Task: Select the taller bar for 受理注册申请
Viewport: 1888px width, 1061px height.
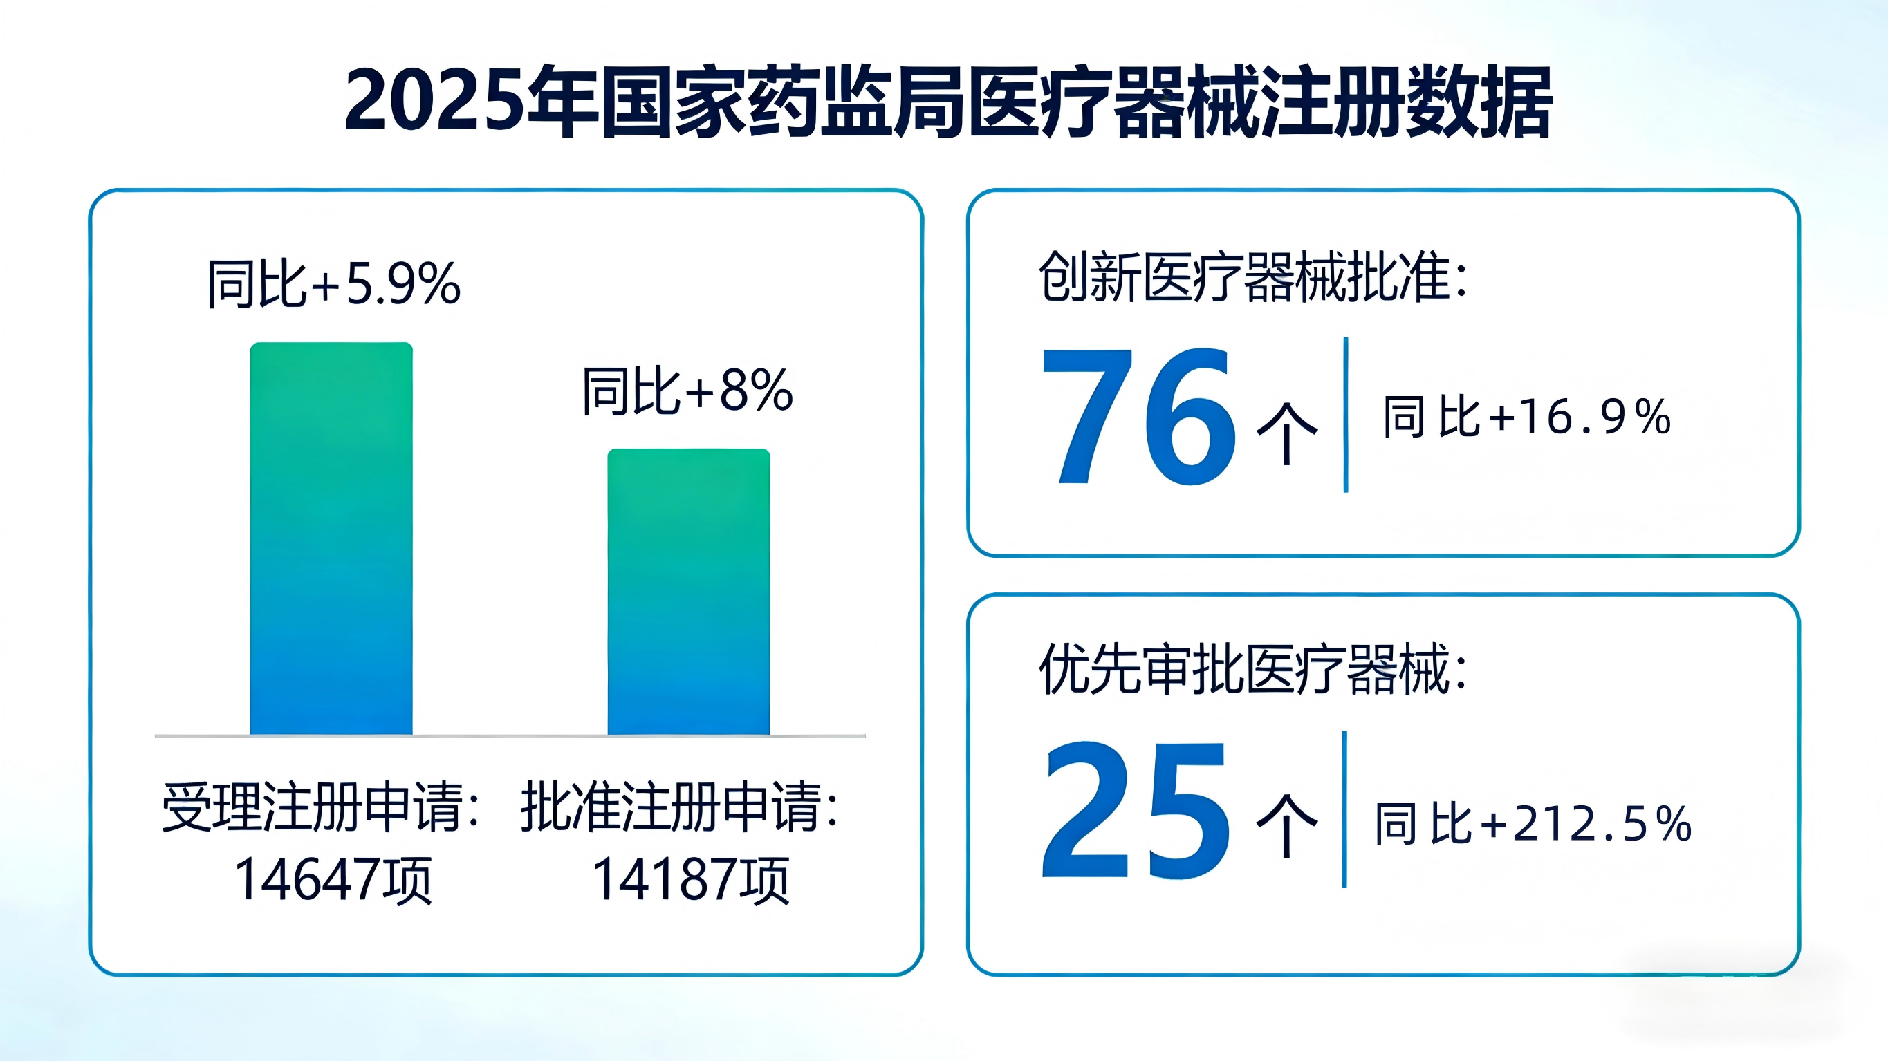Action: [x=331, y=538]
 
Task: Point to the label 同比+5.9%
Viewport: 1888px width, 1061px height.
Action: [x=333, y=283]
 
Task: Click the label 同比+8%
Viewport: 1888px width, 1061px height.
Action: [x=687, y=391]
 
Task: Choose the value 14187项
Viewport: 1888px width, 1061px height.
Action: [x=690, y=879]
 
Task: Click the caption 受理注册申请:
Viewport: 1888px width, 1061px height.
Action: [x=320, y=807]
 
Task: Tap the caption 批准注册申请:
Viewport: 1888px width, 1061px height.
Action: [x=679, y=807]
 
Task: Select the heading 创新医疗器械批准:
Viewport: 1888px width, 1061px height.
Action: [x=1253, y=277]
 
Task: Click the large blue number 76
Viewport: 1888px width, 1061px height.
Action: [x=1138, y=416]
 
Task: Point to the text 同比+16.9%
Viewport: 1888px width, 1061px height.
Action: [x=1527, y=416]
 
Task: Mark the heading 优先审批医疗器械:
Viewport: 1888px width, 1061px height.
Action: [x=1253, y=668]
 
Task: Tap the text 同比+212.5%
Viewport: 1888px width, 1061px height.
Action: [x=1533, y=824]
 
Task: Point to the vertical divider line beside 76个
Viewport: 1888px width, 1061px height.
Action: [x=1346, y=415]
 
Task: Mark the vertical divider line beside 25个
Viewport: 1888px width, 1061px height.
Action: [x=1344, y=809]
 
